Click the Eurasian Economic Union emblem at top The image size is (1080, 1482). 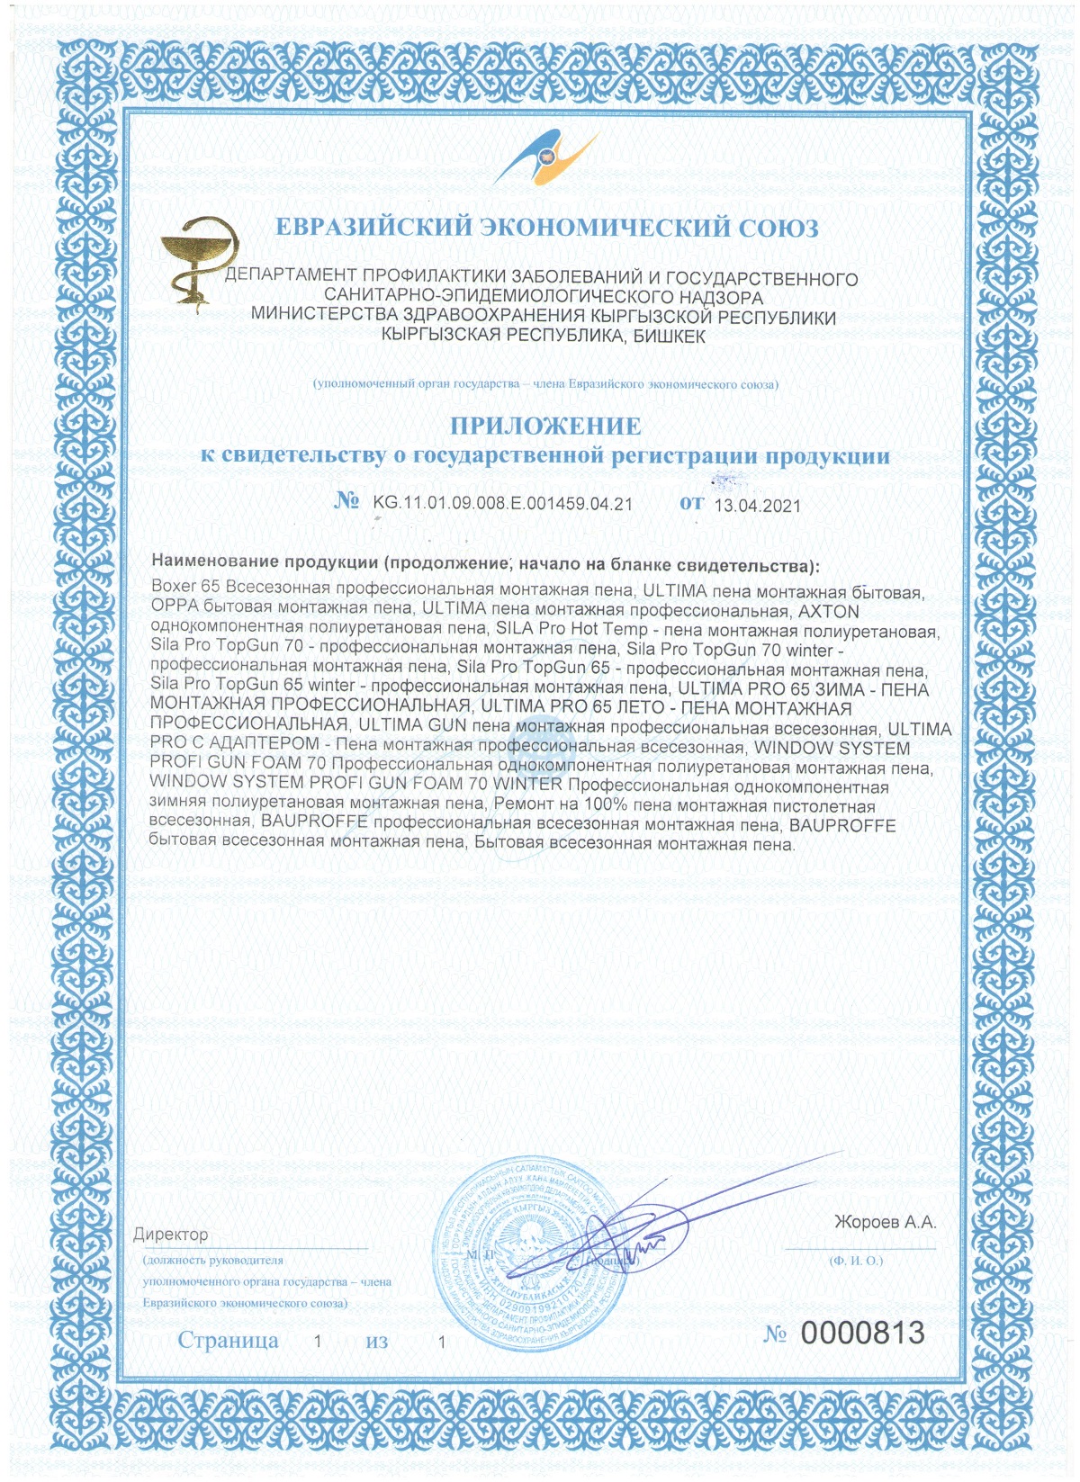point(547,159)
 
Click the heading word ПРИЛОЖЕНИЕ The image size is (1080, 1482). point(545,426)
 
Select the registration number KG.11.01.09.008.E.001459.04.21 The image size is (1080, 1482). point(502,504)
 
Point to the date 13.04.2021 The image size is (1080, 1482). point(757,506)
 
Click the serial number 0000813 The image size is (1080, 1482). point(862,1332)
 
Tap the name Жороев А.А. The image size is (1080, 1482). point(885,1222)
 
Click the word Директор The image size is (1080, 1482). point(171,1235)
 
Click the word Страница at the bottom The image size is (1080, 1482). point(228,1340)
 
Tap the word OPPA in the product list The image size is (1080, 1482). point(175,611)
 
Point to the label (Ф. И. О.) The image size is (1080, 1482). point(856,1261)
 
